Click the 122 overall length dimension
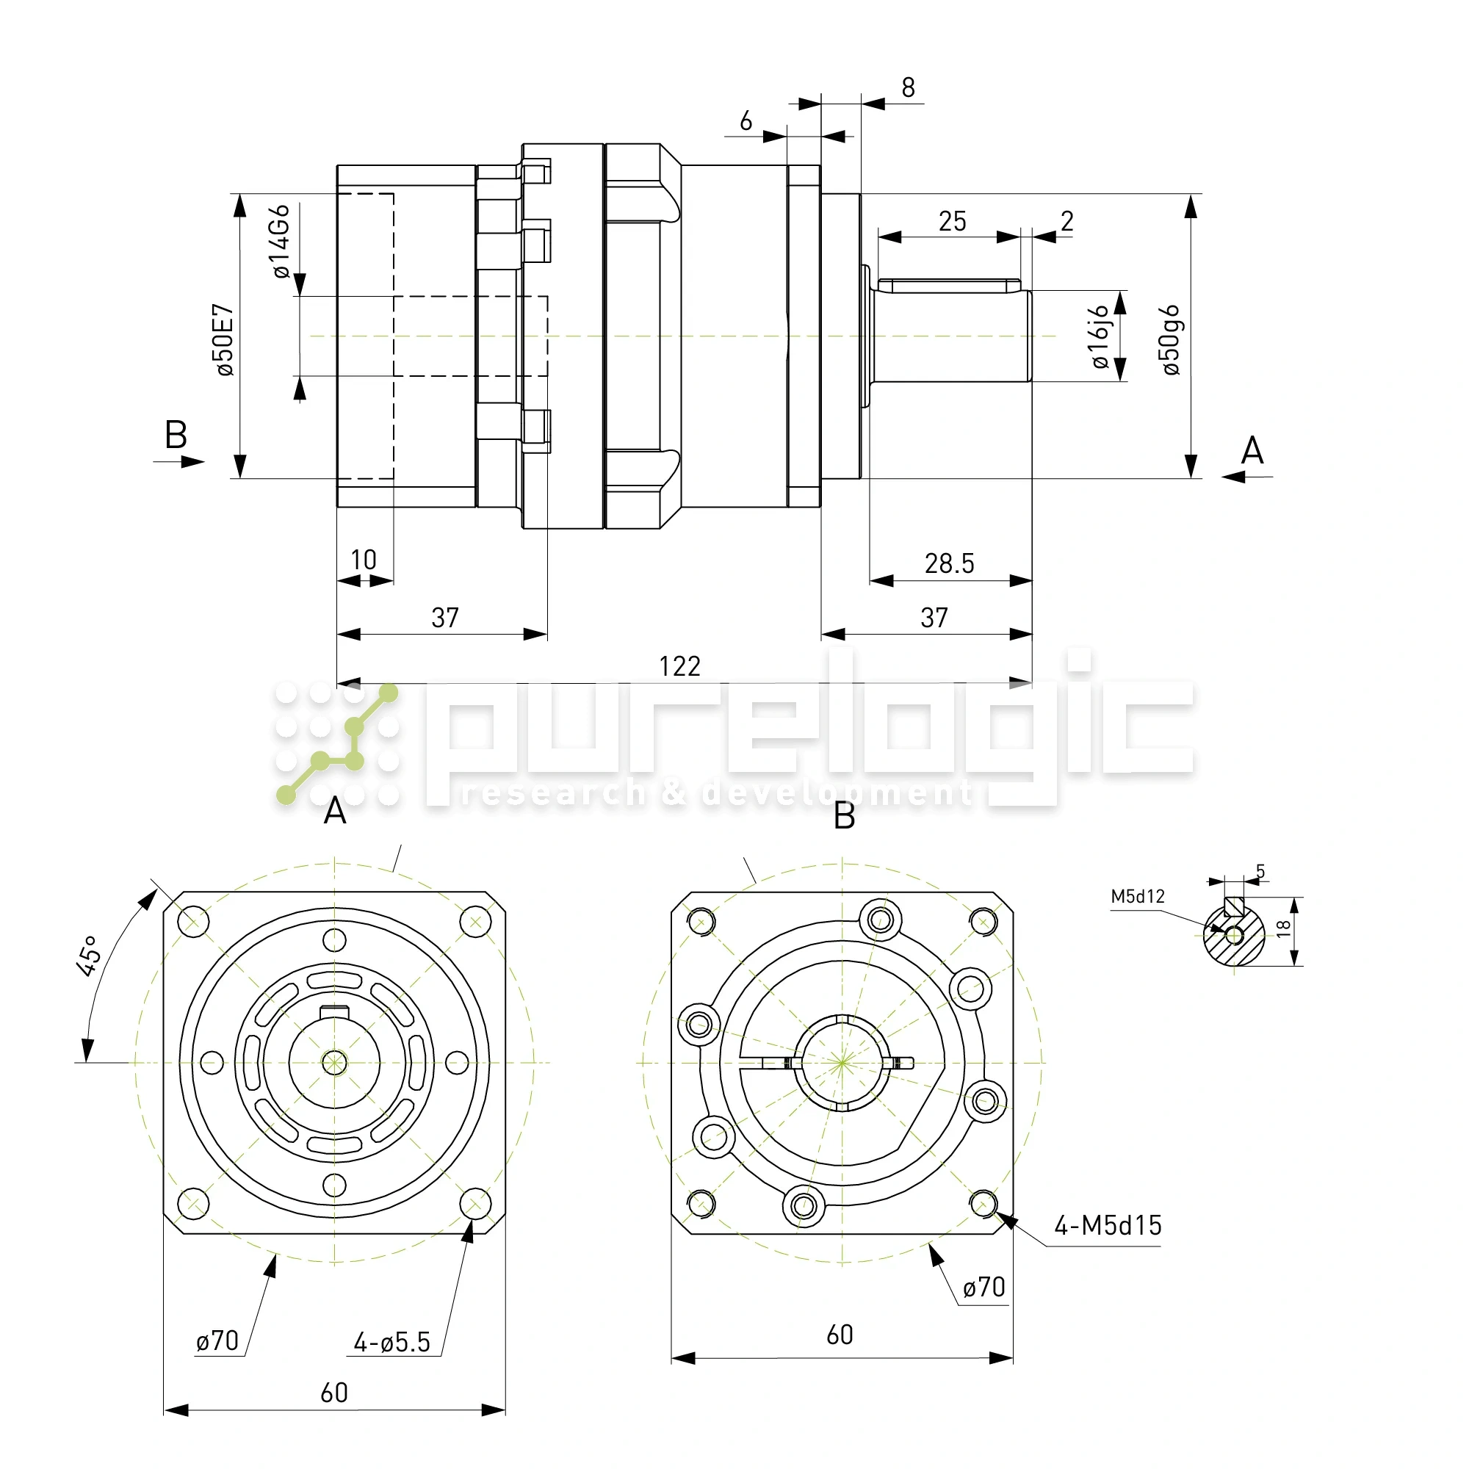pos(679,667)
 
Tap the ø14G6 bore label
pos(281,241)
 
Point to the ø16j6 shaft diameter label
pos(1100,337)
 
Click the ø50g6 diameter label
pos(1171,340)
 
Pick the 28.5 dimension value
pos(949,563)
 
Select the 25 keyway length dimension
pos(952,221)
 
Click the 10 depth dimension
pos(364,560)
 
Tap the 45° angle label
pos(89,956)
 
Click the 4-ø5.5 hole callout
pos(392,1343)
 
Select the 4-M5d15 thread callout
pos(1107,1226)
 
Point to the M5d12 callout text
pos(1138,896)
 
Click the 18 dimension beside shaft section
pos(1284,928)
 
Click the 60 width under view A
pos(333,1393)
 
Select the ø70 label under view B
pos(984,1288)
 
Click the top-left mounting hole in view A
pos(192,922)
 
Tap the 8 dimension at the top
pos(908,88)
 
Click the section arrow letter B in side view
pos(176,436)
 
